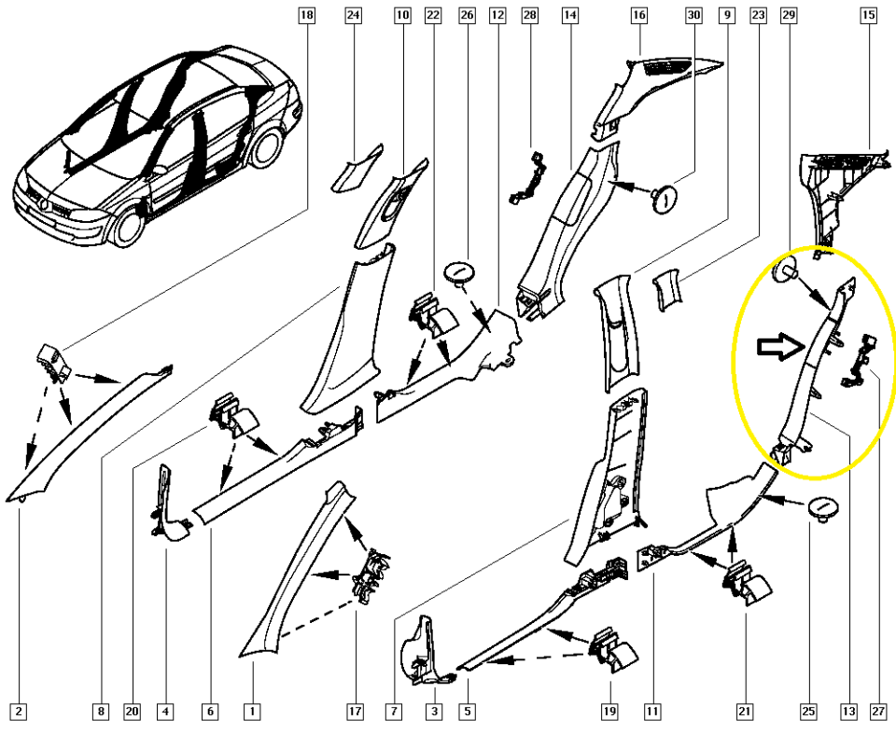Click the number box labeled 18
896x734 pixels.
tap(307, 14)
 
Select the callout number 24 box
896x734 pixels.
tap(354, 14)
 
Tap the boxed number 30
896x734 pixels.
tap(693, 14)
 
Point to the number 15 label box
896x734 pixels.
tap(868, 14)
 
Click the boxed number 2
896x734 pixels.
tap(19, 712)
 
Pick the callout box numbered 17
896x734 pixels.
tap(355, 712)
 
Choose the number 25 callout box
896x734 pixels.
tap(808, 712)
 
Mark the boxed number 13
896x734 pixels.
tap(848, 712)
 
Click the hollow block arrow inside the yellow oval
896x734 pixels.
tap(782, 347)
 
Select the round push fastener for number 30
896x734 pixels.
tap(664, 199)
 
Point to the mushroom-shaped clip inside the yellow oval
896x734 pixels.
tap(784, 270)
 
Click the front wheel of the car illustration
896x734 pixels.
tap(129, 225)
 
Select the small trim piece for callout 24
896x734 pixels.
tap(356, 169)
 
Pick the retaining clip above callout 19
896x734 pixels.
tap(614, 650)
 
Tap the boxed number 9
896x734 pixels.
tap(727, 14)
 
